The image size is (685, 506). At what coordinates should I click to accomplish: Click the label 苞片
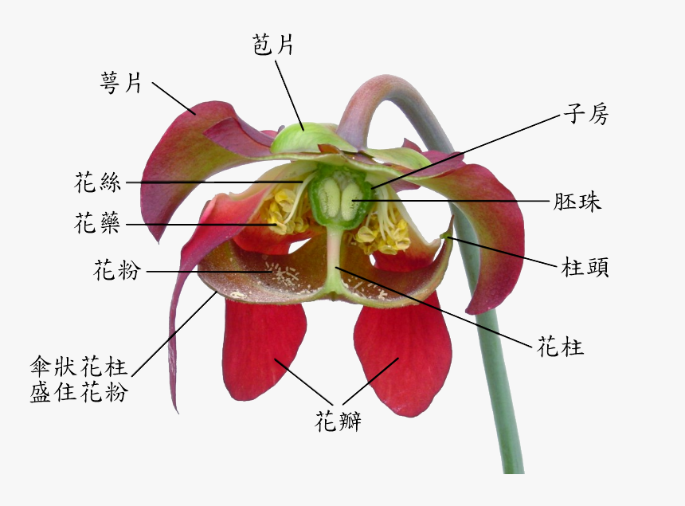(x=273, y=45)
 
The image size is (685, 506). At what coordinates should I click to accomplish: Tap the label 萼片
(x=122, y=82)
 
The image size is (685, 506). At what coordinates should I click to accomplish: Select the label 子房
(x=586, y=115)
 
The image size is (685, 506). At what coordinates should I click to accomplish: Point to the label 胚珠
(x=577, y=202)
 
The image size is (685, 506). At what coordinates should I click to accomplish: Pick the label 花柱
(x=561, y=347)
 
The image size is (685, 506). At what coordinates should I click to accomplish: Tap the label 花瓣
(x=339, y=421)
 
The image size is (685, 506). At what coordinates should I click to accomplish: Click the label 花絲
(x=97, y=182)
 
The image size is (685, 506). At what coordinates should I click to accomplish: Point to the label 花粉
(x=116, y=272)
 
